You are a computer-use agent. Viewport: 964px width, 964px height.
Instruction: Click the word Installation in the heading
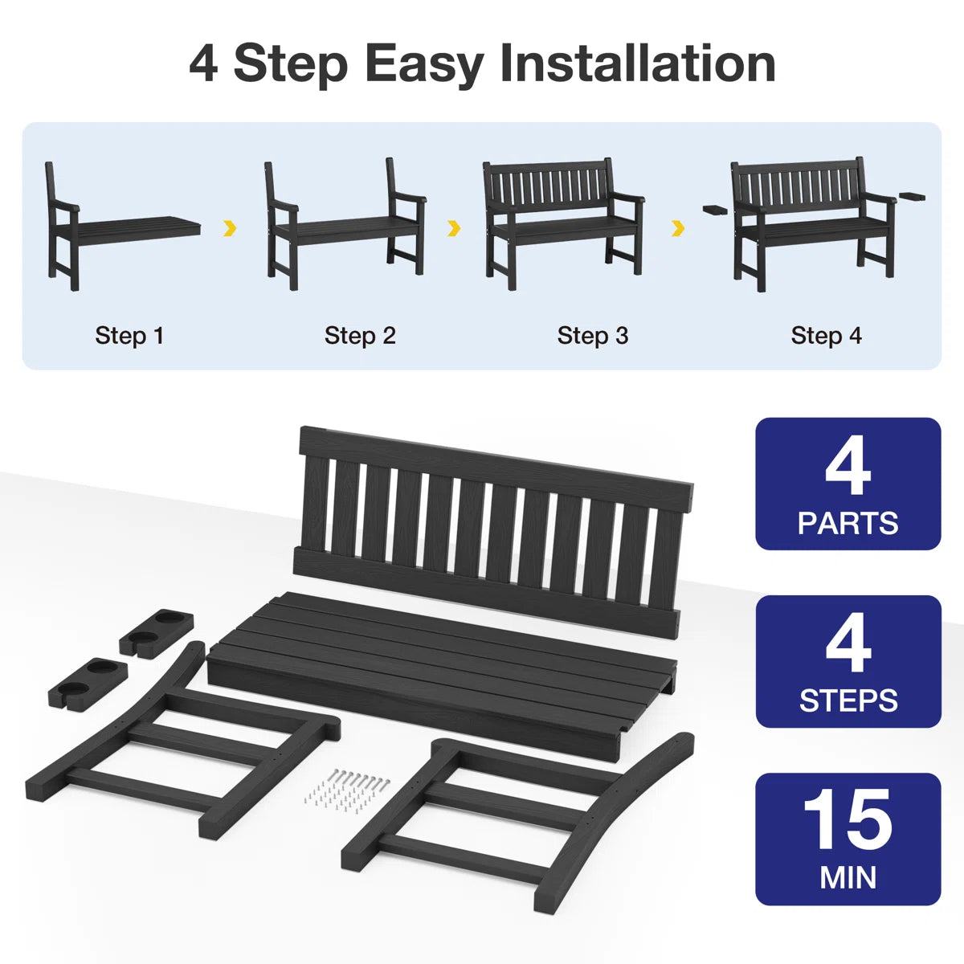pos(638,63)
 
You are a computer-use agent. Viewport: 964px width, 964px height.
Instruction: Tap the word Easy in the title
pos(424,66)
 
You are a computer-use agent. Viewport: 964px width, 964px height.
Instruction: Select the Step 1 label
pos(129,336)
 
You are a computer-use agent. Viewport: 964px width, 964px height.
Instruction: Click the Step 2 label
pos(360,336)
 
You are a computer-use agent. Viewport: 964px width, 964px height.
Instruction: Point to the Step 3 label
pos(593,336)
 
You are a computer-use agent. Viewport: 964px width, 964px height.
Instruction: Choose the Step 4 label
pos(827,336)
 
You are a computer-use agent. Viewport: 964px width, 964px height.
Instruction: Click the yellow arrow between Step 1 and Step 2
pos(230,228)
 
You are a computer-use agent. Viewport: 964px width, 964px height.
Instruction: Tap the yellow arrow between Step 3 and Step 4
pos(678,228)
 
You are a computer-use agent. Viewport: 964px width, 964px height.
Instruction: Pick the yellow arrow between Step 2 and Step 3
pos(454,228)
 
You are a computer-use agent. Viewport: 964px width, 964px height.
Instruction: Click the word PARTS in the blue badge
pos(848,523)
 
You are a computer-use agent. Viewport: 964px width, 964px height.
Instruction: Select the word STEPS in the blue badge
pos(848,701)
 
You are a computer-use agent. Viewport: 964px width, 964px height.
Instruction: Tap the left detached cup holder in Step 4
pos(719,210)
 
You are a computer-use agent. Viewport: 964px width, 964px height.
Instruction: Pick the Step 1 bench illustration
pos(123,226)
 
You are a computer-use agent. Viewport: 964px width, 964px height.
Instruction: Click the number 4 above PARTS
pos(848,465)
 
